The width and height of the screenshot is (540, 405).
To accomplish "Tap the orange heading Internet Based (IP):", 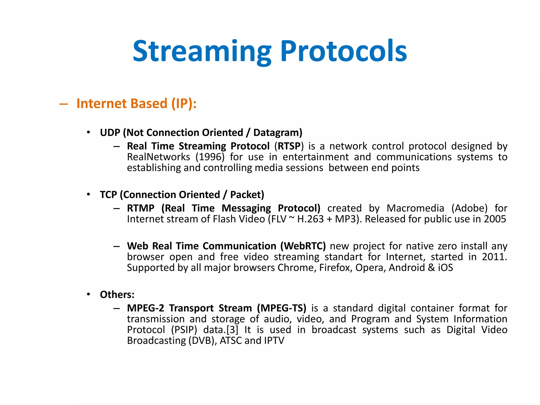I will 136,104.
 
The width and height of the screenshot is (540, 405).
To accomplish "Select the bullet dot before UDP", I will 89,132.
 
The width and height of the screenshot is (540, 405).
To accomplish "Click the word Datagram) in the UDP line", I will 278,133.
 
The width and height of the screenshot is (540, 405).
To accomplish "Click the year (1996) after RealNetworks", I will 210,157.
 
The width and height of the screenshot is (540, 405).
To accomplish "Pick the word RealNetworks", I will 158,157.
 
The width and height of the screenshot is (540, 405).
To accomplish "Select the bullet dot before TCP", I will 89,194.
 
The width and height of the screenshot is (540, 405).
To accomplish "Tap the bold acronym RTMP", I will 141,208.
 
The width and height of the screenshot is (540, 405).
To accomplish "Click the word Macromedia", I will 415,208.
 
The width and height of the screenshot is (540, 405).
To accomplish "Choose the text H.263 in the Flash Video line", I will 310,219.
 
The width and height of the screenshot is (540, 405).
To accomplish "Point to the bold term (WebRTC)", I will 303,246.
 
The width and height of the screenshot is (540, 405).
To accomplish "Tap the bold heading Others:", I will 117,295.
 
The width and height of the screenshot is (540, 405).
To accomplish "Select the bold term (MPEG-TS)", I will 282,308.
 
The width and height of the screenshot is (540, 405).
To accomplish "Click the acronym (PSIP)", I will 184,330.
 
